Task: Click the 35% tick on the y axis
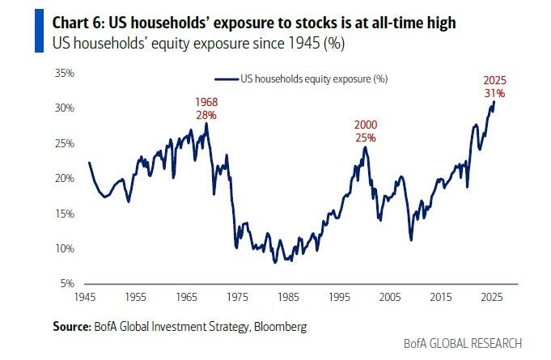(x=64, y=73)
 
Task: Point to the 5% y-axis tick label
(x=66, y=284)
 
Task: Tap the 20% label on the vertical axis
(x=64, y=178)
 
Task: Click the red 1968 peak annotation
(x=207, y=103)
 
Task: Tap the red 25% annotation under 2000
(x=366, y=138)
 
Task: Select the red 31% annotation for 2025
(x=494, y=93)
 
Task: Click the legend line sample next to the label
(x=226, y=78)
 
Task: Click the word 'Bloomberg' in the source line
(x=283, y=326)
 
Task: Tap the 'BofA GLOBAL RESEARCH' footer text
(x=463, y=343)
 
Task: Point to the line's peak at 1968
(x=207, y=123)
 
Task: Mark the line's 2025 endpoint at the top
(x=494, y=101)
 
